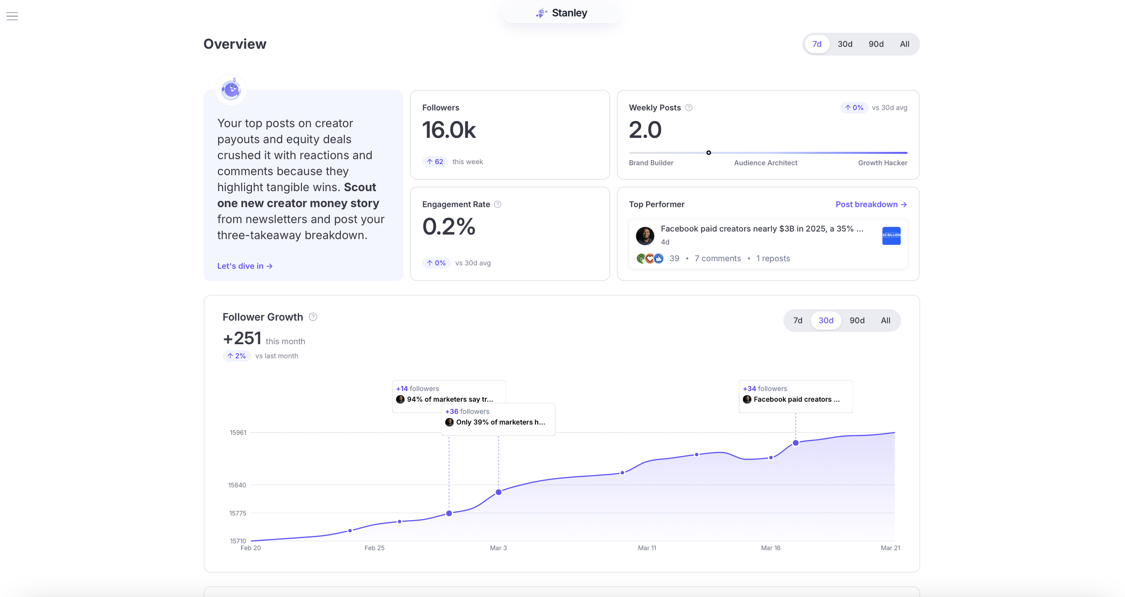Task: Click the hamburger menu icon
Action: (x=12, y=16)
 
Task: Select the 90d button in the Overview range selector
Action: (x=875, y=44)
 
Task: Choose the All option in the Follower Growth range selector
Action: (x=885, y=320)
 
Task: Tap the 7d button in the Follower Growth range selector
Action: (x=797, y=320)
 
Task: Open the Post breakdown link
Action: (x=871, y=204)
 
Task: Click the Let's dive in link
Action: (x=245, y=266)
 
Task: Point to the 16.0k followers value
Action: (x=449, y=130)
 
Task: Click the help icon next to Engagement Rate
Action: (x=497, y=204)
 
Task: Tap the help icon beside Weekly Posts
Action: (x=688, y=108)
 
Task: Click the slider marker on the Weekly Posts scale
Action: (x=708, y=153)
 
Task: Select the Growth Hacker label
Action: (x=882, y=163)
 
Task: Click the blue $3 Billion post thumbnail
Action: (x=891, y=236)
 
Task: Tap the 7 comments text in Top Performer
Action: (x=717, y=258)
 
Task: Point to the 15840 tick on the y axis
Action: (x=237, y=485)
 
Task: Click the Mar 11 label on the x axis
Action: (x=647, y=548)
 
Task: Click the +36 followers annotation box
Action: (x=498, y=417)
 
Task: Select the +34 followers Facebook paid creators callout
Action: (x=795, y=395)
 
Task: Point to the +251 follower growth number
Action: (x=242, y=338)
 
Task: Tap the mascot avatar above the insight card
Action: (x=231, y=90)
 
